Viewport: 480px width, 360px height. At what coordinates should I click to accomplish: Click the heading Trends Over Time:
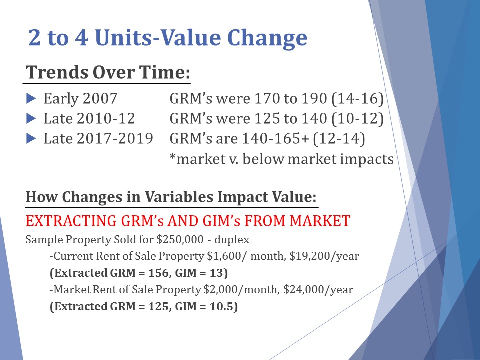pyautogui.click(x=108, y=73)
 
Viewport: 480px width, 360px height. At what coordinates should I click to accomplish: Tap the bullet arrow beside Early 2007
pyautogui.click(x=31, y=98)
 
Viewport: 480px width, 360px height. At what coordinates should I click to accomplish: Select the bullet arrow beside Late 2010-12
pyautogui.click(x=31, y=118)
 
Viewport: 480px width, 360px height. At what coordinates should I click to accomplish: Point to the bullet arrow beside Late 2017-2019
pyautogui.click(x=31, y=138)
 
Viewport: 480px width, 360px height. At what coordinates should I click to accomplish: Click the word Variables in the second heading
pyautogui.click(x=179, y=197)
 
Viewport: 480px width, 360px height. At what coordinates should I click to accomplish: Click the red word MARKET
pyautogui.click(x=320, y=221)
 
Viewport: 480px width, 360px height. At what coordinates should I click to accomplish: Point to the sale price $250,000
pyautogui.click(x=180, y=239)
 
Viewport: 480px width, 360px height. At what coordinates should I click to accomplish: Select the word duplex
pyautogui.click(x=232, y=239)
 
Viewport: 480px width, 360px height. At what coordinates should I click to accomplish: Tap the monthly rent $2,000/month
pyautogui.click(x=241, y=290)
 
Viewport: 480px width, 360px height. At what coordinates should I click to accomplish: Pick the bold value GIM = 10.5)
pyautogui.click(x=206, y=306)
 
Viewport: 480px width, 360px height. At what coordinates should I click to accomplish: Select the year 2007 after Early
pyautogui.click(x=100, y=99)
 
